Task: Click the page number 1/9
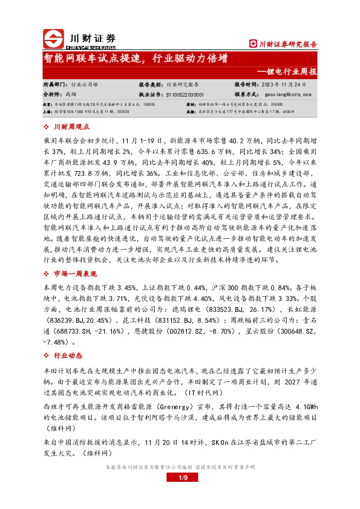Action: [185, 478]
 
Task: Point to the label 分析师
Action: [52, 94]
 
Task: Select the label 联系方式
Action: [247, 94]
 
